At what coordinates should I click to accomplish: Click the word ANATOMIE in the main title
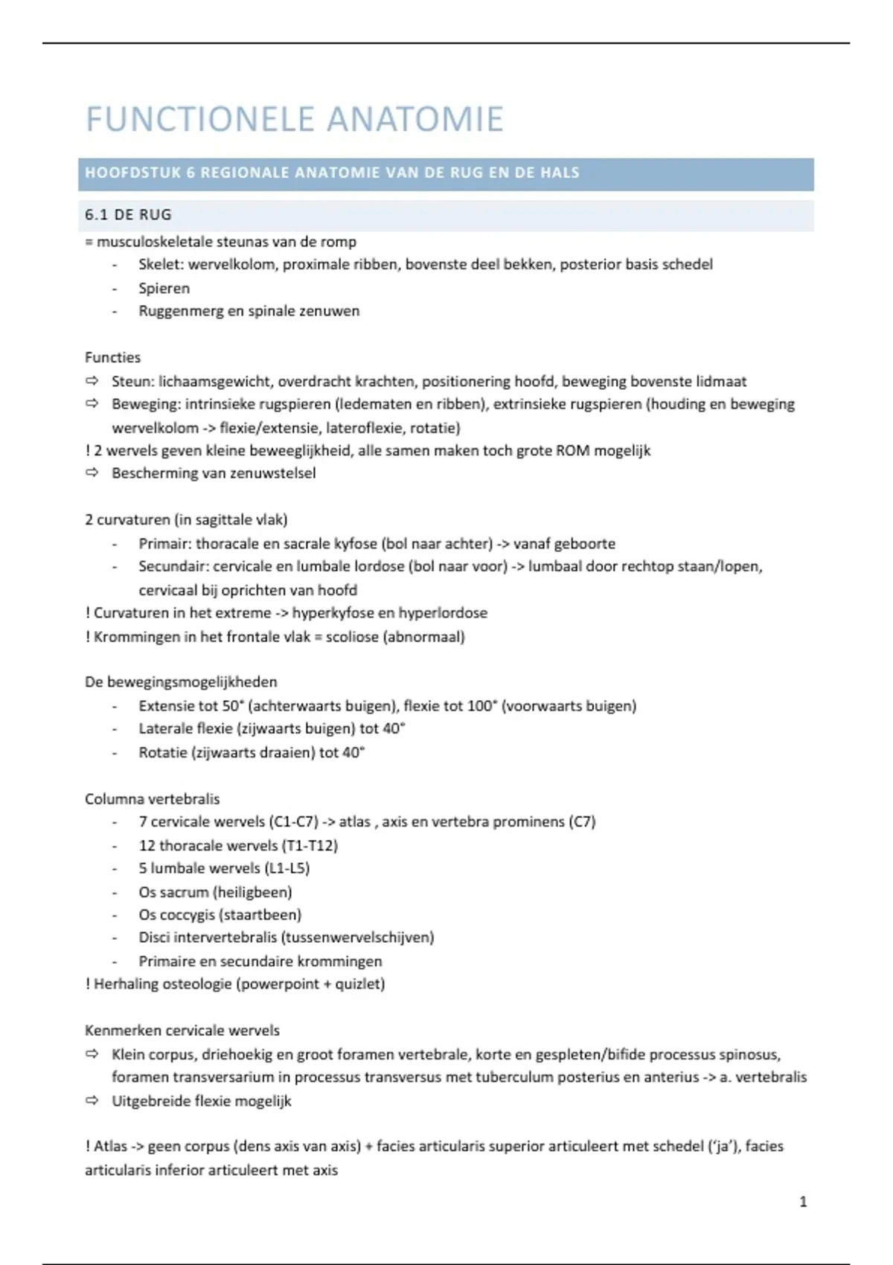tap(415, 120)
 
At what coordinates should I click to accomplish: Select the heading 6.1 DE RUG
tap(128, 215)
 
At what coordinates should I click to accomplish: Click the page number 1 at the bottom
tap(803, 1201)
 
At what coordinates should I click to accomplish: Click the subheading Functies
tap(112, 357)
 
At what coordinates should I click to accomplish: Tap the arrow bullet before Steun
tap(92, 381)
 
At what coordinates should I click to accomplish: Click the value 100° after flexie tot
tap(481, 706)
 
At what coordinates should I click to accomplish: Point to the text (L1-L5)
tap(287, 868)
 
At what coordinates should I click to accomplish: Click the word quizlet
tap(359, 984)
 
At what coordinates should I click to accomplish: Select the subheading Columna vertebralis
tap(153, 799)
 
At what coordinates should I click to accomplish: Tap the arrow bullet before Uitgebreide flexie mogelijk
tap(92, 1101)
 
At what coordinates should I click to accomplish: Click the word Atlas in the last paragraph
tap(111, 1147)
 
